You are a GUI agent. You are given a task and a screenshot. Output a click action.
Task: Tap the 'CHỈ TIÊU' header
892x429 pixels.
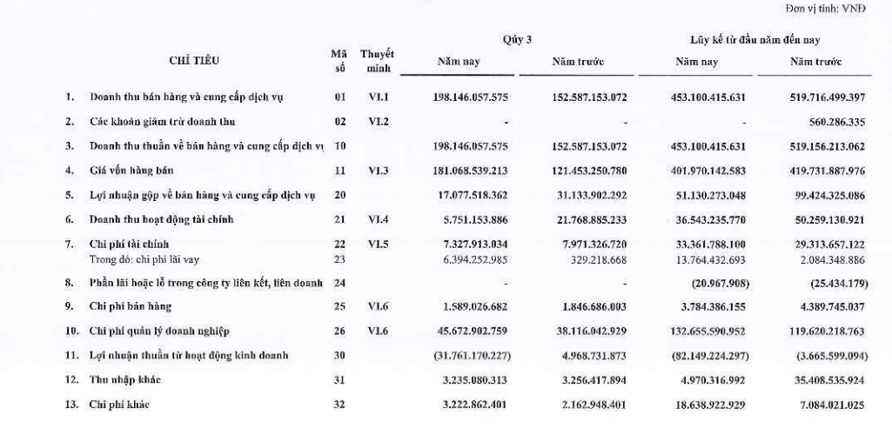click(194, 62)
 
